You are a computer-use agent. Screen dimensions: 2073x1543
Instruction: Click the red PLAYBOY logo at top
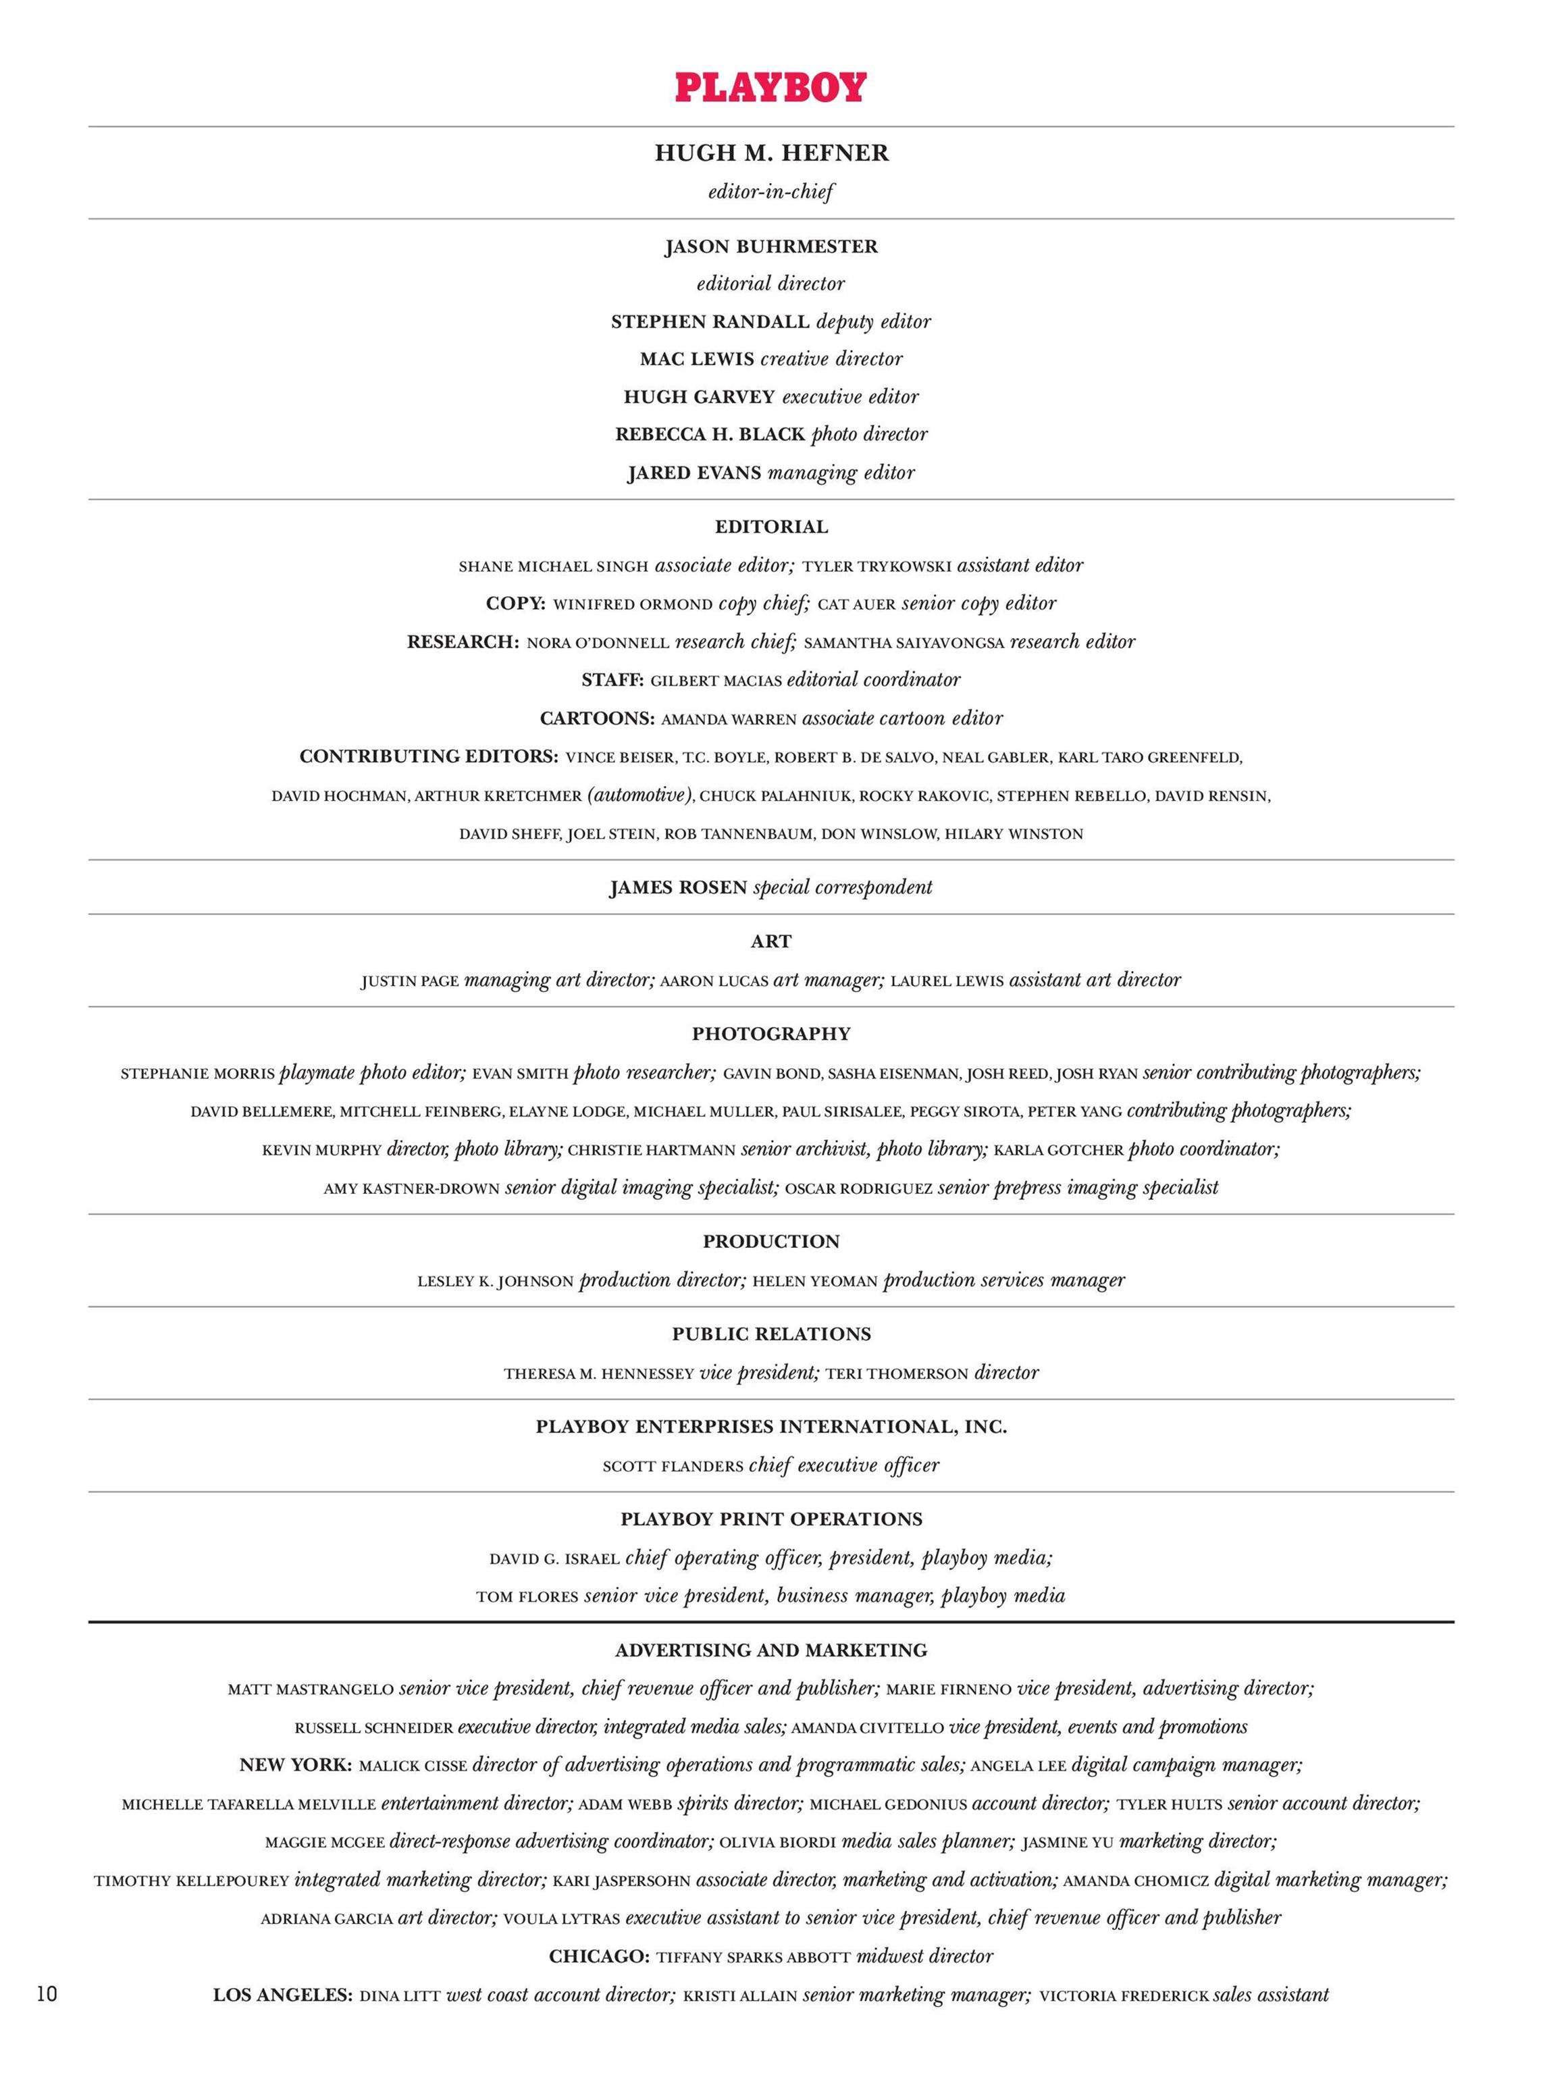(x=770, y=88)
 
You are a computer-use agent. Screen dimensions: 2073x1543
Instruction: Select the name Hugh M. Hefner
(x=771, y=154)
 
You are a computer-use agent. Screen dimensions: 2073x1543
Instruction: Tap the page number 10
(x=47, y=1995)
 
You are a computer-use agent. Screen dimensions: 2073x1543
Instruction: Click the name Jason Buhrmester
(x=771, y=247)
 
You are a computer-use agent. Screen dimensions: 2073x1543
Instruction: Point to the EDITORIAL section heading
(x=771, y=527)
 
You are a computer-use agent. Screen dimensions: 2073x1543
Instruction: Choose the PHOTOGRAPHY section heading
(x=771, y=1034)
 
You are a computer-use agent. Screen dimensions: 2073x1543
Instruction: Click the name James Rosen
(x=678, y=888)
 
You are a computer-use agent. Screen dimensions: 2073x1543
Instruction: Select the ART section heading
(x=771, y=942)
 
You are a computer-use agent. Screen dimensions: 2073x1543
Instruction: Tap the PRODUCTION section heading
(x=771, y=1242)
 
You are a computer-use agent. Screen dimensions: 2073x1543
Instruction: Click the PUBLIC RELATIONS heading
(x=771, y=1334)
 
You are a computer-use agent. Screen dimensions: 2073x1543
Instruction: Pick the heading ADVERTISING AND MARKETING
(x=771, y=1651)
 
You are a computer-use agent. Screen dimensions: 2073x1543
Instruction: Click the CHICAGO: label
(x=600, y=1956)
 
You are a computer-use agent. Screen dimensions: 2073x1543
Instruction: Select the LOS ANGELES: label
(x=283, y=1995)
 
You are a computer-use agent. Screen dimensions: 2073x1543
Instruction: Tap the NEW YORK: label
(x=296, y=1766)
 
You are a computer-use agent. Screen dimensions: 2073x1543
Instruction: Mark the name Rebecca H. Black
(x=710, y=435)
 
